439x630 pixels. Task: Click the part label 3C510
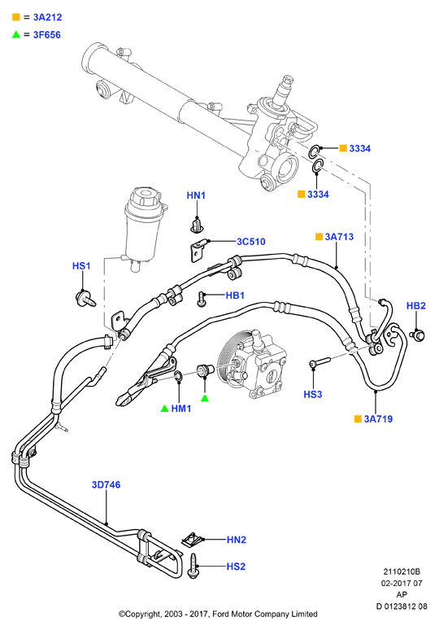pos(251,242)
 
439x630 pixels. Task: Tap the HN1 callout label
pos(196,195)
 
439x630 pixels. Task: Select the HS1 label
pos(81,266)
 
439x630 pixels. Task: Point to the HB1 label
pos(235,295)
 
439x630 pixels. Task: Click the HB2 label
pos(415,306)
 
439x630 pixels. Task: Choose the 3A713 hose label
pos(339,237)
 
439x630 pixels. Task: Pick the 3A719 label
pos(378,418)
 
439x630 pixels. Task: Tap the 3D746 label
pos(106,484)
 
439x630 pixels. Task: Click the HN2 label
pos(237,540)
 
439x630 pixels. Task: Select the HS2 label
pos(236,567)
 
